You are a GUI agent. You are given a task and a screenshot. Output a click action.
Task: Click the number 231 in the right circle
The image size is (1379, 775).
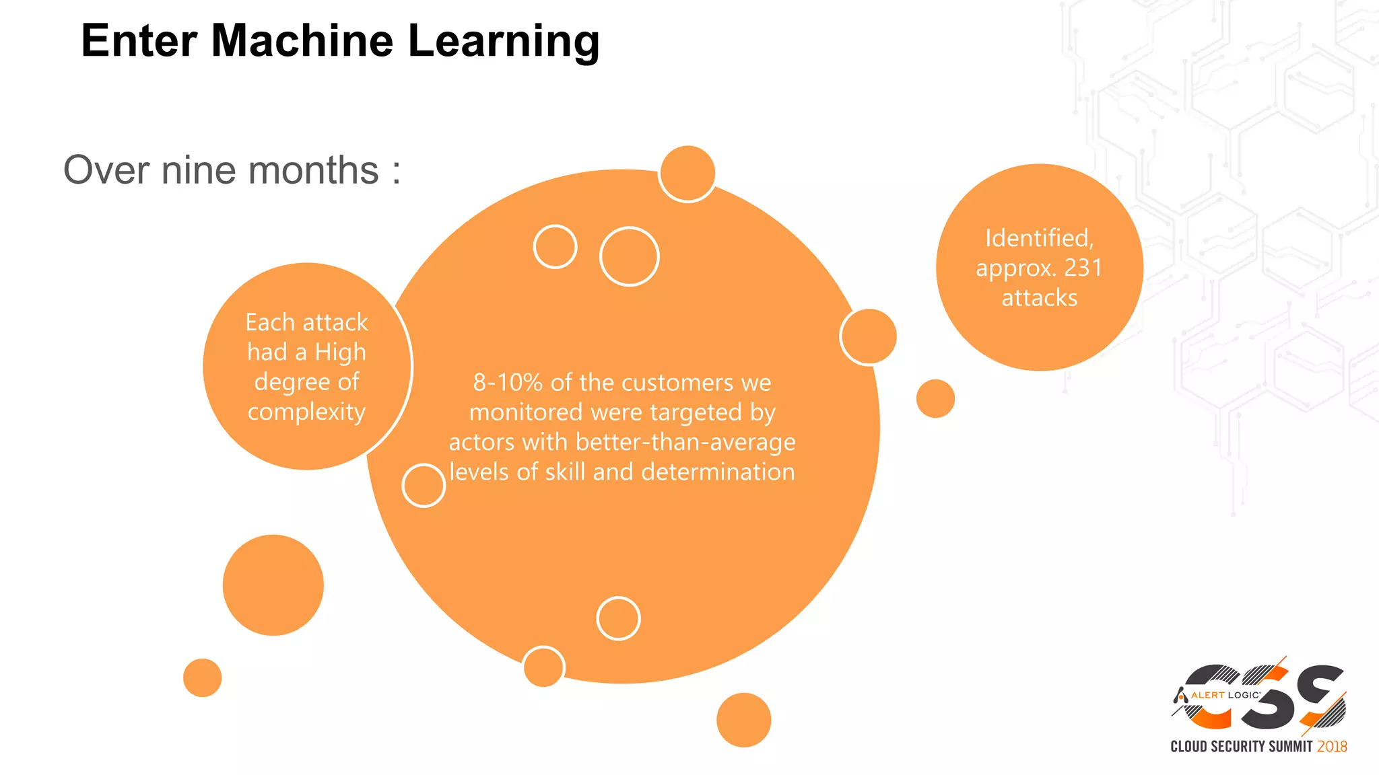[x=1083, y=268]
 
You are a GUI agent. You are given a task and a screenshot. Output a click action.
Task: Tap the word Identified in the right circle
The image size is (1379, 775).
[x=1038, y=238]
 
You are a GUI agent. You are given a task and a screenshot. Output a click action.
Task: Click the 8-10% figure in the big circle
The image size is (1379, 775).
[x=508, y=382]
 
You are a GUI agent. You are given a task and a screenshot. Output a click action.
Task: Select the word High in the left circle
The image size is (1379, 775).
[x=341, y=352]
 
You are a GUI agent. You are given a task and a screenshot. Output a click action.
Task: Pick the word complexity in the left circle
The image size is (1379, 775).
[x=306, y=411]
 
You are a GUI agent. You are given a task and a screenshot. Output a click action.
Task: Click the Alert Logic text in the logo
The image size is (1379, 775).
[x=1225, y=695]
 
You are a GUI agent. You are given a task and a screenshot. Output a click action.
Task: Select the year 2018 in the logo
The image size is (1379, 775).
[x=1332, y=746]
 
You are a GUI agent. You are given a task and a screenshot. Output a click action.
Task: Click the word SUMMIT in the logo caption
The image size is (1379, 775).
[x=1291, y=746]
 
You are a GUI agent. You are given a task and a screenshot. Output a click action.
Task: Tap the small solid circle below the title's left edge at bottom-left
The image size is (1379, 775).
[x=202, y=677]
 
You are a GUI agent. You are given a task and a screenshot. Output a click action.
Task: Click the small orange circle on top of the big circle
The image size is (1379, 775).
[x=687, y=173]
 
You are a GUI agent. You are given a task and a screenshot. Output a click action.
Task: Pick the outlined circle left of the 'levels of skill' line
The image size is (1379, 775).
[x=424, y=485]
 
